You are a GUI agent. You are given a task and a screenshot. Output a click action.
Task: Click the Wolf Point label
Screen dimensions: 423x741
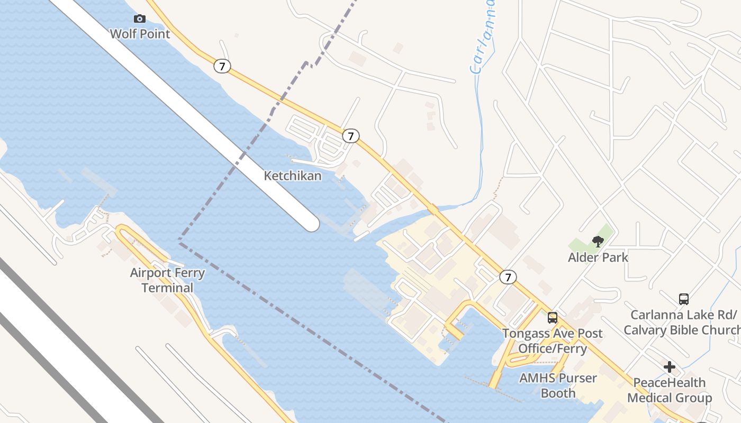click(140, 34)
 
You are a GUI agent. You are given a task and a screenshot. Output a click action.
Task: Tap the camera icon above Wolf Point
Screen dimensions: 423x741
click(140, 19)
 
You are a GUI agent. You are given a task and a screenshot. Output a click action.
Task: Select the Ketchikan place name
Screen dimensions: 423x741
click(293, 176)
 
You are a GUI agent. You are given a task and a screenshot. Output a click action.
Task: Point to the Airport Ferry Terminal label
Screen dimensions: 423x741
click(167, 280)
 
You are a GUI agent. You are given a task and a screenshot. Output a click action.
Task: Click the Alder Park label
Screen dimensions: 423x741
click(598, 258)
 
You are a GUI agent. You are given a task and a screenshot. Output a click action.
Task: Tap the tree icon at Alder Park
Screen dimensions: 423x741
click(598, 242)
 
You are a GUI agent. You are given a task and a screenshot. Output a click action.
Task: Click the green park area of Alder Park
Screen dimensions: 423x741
click(582, 244)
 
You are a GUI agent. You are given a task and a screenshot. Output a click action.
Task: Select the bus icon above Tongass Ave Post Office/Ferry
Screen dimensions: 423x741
click(553, 318)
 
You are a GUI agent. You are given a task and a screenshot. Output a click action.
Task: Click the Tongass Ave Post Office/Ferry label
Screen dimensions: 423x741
click(553, 341)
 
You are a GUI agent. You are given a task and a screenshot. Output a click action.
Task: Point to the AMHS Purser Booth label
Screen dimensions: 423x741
click(558, 385)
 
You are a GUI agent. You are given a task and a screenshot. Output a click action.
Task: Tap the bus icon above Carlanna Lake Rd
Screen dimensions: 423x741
click(684, 299)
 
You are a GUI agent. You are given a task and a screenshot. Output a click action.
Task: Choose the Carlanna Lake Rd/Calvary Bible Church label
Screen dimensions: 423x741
click(683, 323)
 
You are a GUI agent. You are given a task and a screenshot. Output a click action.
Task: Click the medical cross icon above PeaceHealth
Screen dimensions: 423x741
click(670, 366)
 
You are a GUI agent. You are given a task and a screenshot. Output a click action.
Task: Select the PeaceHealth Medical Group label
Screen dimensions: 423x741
click(670, 390)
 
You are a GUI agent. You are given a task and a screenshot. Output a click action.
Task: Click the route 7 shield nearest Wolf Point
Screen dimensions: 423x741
click(222, 66)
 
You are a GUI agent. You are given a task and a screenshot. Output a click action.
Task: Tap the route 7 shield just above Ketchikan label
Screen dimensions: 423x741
click(350, 136)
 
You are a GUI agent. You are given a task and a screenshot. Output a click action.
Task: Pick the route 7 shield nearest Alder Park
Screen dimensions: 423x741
click(508, 277)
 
